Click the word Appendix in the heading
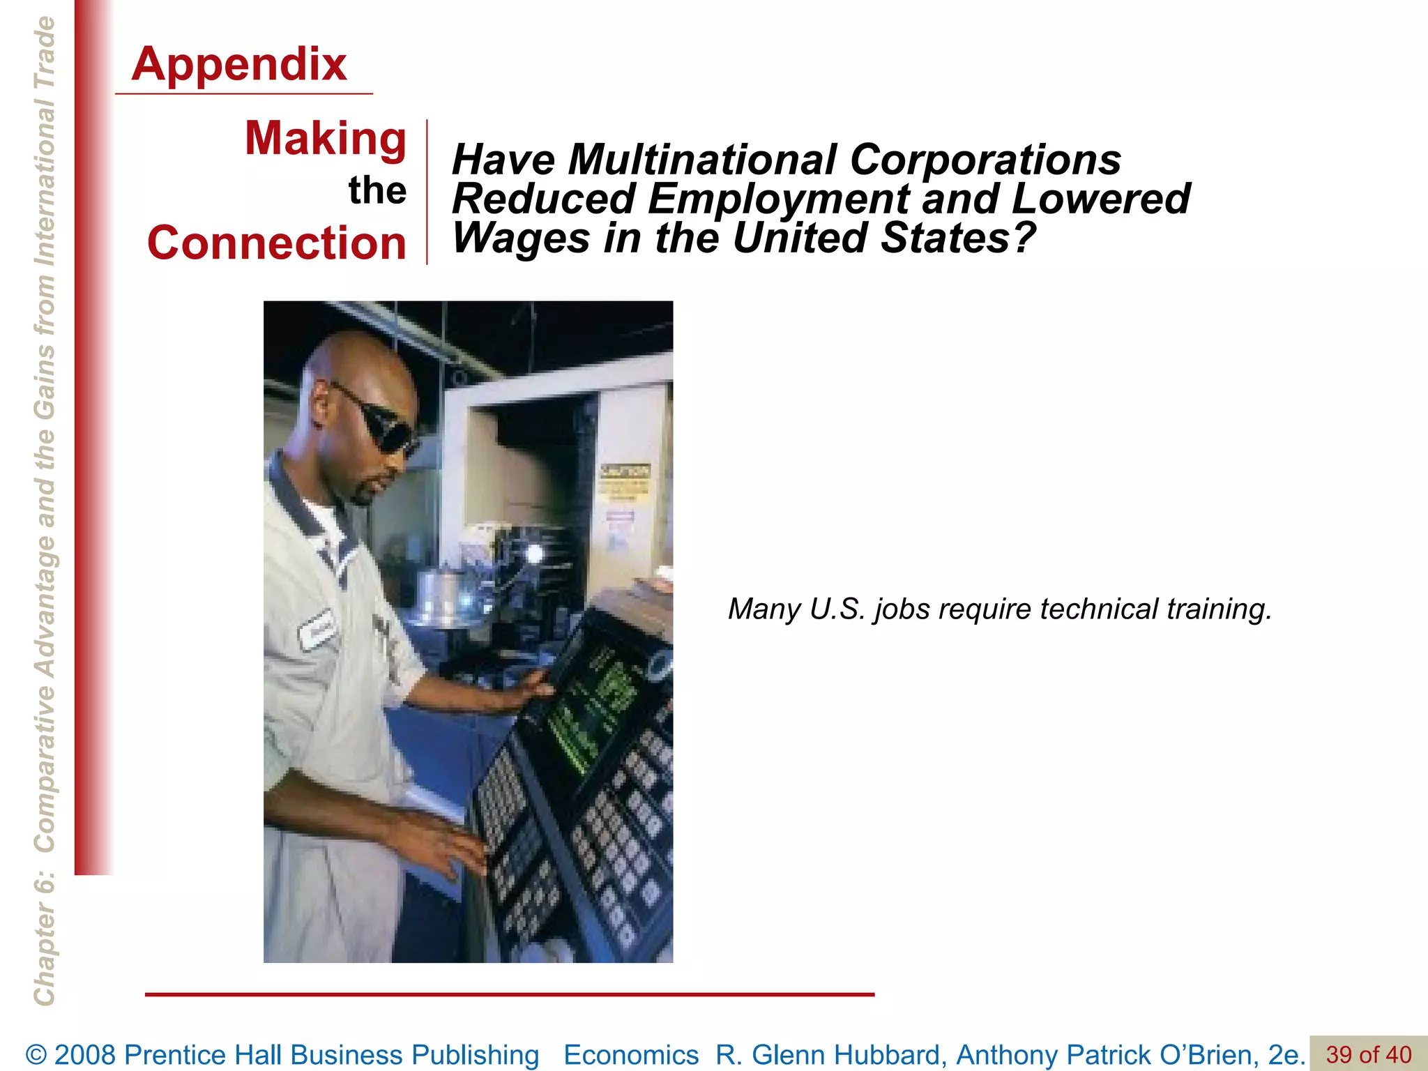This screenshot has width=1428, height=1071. click(x=239, y=64)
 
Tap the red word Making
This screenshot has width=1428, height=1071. click(x=325, y=138)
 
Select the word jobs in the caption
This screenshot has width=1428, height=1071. click(x=902, y=609)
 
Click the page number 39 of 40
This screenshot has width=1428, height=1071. click(x=1368, y=1054)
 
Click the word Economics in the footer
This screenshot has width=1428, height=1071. click(x=631, y=1054)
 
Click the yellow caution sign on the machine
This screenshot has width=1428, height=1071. click(x=625, y=481)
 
